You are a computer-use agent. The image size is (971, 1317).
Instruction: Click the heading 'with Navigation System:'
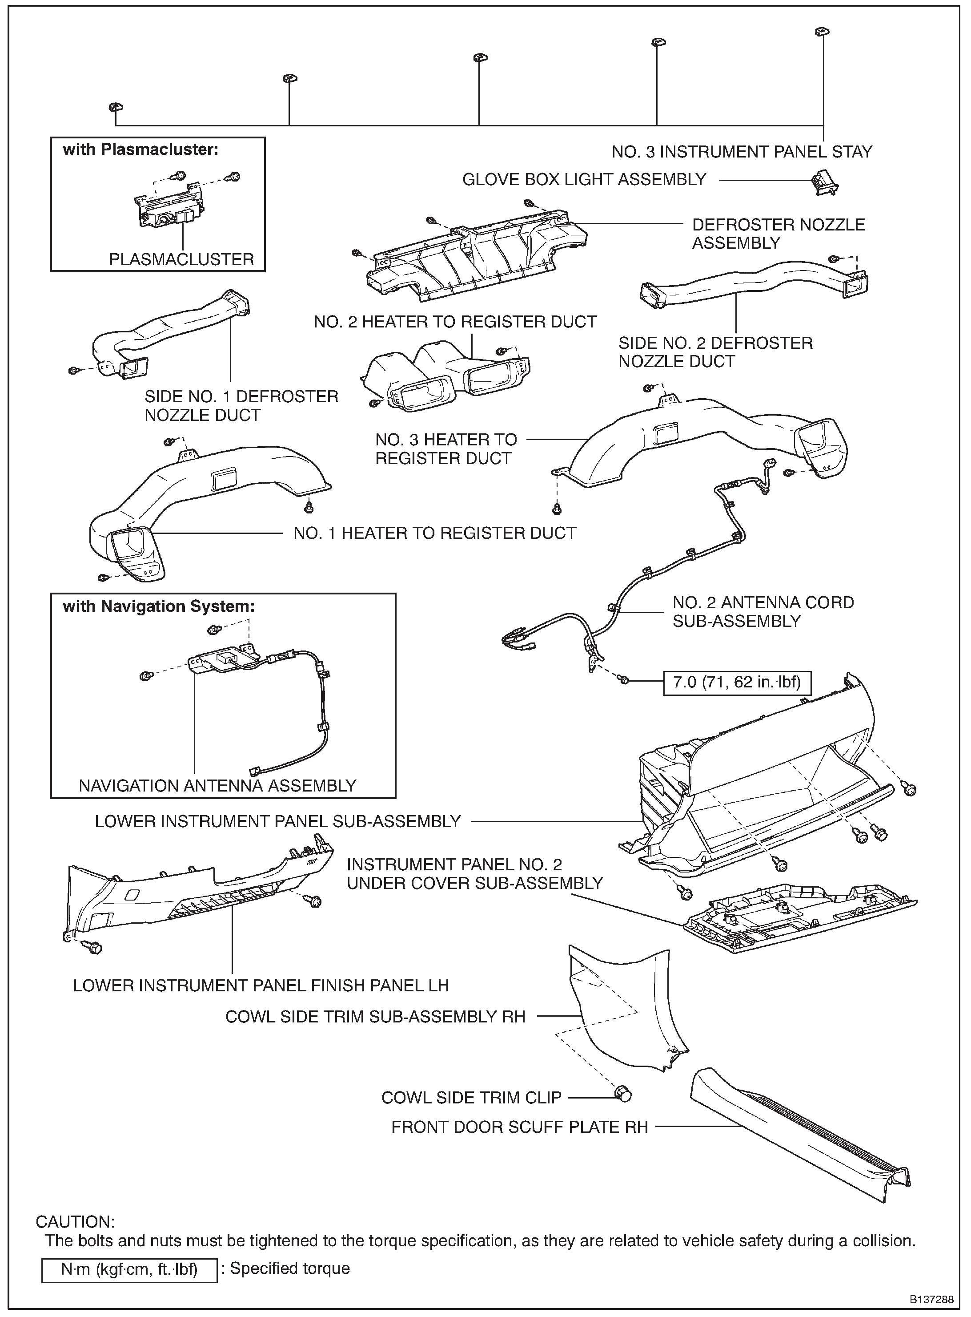pyautogui.click(x=159, y=606)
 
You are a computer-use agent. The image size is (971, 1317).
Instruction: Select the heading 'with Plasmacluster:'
pyautogui.click(x=140, y=149)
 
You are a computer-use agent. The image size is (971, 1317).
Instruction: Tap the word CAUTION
pyautogui.click(x=75, y=1222)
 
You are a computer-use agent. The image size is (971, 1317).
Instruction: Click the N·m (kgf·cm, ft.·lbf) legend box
pyautogui.click(x=129, y=1269)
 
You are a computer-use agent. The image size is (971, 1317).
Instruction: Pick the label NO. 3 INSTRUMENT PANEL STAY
pyautogui.click(x=742, y=152)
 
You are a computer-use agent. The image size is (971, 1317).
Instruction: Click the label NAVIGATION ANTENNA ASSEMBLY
pyautogui.click(x=217, y=785)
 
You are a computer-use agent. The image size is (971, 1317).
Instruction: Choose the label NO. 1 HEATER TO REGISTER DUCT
pyautogui.click(x=435, y=533)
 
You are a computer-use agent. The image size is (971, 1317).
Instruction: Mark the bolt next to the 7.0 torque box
pyautogui.click(x=624, y=680)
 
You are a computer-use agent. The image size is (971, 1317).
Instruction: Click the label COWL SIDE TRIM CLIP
pyautogui.click(x=471, y=1097)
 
